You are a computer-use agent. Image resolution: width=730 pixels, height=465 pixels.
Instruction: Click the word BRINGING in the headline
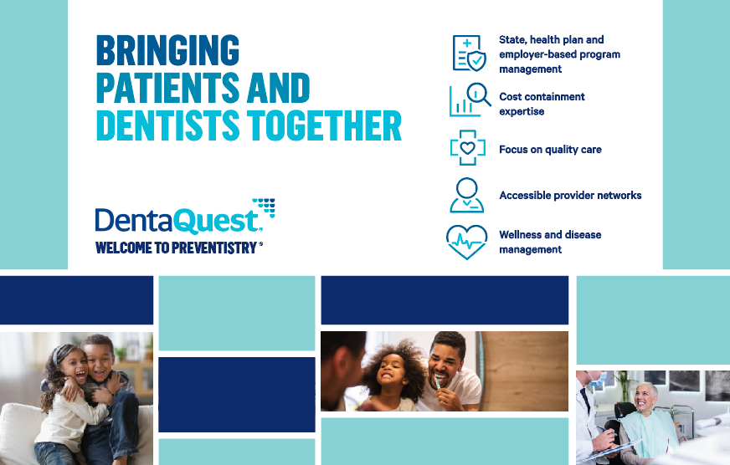[167, 51]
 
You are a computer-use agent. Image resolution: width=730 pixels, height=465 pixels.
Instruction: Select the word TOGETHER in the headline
[326, 125]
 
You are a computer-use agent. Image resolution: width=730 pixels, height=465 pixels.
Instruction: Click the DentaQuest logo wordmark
[178, 221]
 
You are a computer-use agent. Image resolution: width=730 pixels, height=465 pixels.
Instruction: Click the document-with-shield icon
[468, 54]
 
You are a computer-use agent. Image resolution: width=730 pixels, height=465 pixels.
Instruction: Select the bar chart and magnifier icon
[469, 101]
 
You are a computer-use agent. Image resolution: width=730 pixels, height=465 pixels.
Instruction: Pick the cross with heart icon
[467, 149]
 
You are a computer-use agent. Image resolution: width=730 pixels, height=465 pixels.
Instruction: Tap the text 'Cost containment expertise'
[542, 104]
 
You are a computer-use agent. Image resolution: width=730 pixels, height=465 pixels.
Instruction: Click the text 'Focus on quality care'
[550, 150]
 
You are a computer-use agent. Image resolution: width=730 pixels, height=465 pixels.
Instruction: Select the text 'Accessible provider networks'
[570, 196]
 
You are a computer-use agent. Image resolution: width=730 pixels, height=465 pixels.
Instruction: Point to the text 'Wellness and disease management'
[550, 242]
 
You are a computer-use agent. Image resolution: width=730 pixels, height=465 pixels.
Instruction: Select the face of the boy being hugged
[100, 359]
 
